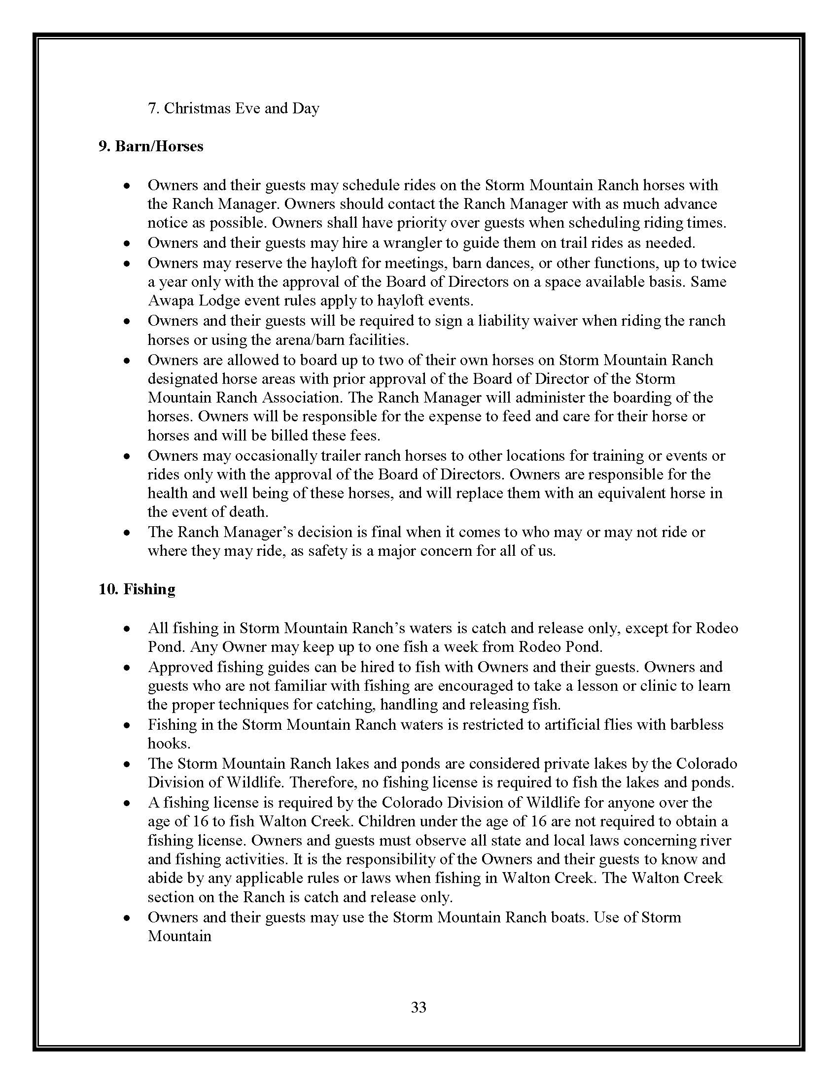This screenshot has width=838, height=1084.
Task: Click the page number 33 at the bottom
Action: (x=419, y=1007)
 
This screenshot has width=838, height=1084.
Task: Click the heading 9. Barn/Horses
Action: (x=151, y=146)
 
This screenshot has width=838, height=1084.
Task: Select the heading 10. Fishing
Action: (x=137, y=589)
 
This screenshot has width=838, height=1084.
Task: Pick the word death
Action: (x=247, y=511)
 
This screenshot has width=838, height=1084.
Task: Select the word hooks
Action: (x=169, y=744)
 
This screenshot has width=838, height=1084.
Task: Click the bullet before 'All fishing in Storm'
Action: (x=128, y=629)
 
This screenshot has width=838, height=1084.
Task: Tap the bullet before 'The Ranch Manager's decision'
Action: (x=128, y=533)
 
